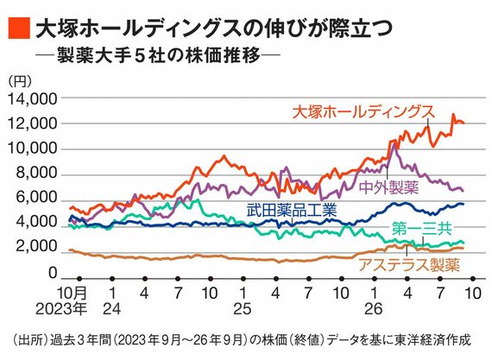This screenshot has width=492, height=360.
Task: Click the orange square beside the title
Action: [x=20, y=28]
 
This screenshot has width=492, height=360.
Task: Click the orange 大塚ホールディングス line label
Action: [x=363, y=112]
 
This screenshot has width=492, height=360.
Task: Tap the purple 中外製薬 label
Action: [x=389, y=187]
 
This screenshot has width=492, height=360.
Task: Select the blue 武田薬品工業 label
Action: [x=292, y=210]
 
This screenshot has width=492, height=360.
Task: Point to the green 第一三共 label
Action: [x=422, y=229]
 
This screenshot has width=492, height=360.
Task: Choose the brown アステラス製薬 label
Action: [x=409, y=265]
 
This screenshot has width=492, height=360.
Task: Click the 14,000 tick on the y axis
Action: [x=33, y=99]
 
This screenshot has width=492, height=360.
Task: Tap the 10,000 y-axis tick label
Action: [x=33, y=148]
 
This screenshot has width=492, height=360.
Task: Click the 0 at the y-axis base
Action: [x=53, y=273]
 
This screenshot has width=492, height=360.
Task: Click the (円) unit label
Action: [x=20, y=81]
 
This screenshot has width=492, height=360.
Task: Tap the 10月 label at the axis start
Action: [x=72, y=294]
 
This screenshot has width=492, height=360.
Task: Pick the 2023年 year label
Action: [x=61, y=309]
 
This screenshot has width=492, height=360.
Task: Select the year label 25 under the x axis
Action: [x=243, y=309]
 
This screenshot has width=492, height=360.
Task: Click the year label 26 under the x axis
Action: [x=374, y=309]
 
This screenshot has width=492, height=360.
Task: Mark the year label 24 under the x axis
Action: [x=112, y=309]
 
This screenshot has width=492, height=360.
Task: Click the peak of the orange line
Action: [x=453, y=114]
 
